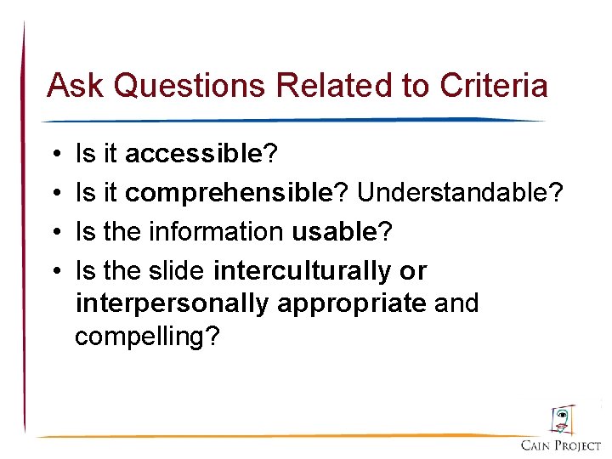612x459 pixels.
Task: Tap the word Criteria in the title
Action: (x=494, y=85)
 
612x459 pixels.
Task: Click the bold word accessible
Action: (x=193, y=154)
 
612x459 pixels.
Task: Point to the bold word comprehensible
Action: (x=228, y=193)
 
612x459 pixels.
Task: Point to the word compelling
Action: (x=147, y=337)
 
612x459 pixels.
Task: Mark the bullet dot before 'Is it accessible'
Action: (x=54, y=155)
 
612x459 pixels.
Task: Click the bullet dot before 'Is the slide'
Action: (x=54, y=272)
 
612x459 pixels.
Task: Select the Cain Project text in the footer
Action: (x=561, y=445)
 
